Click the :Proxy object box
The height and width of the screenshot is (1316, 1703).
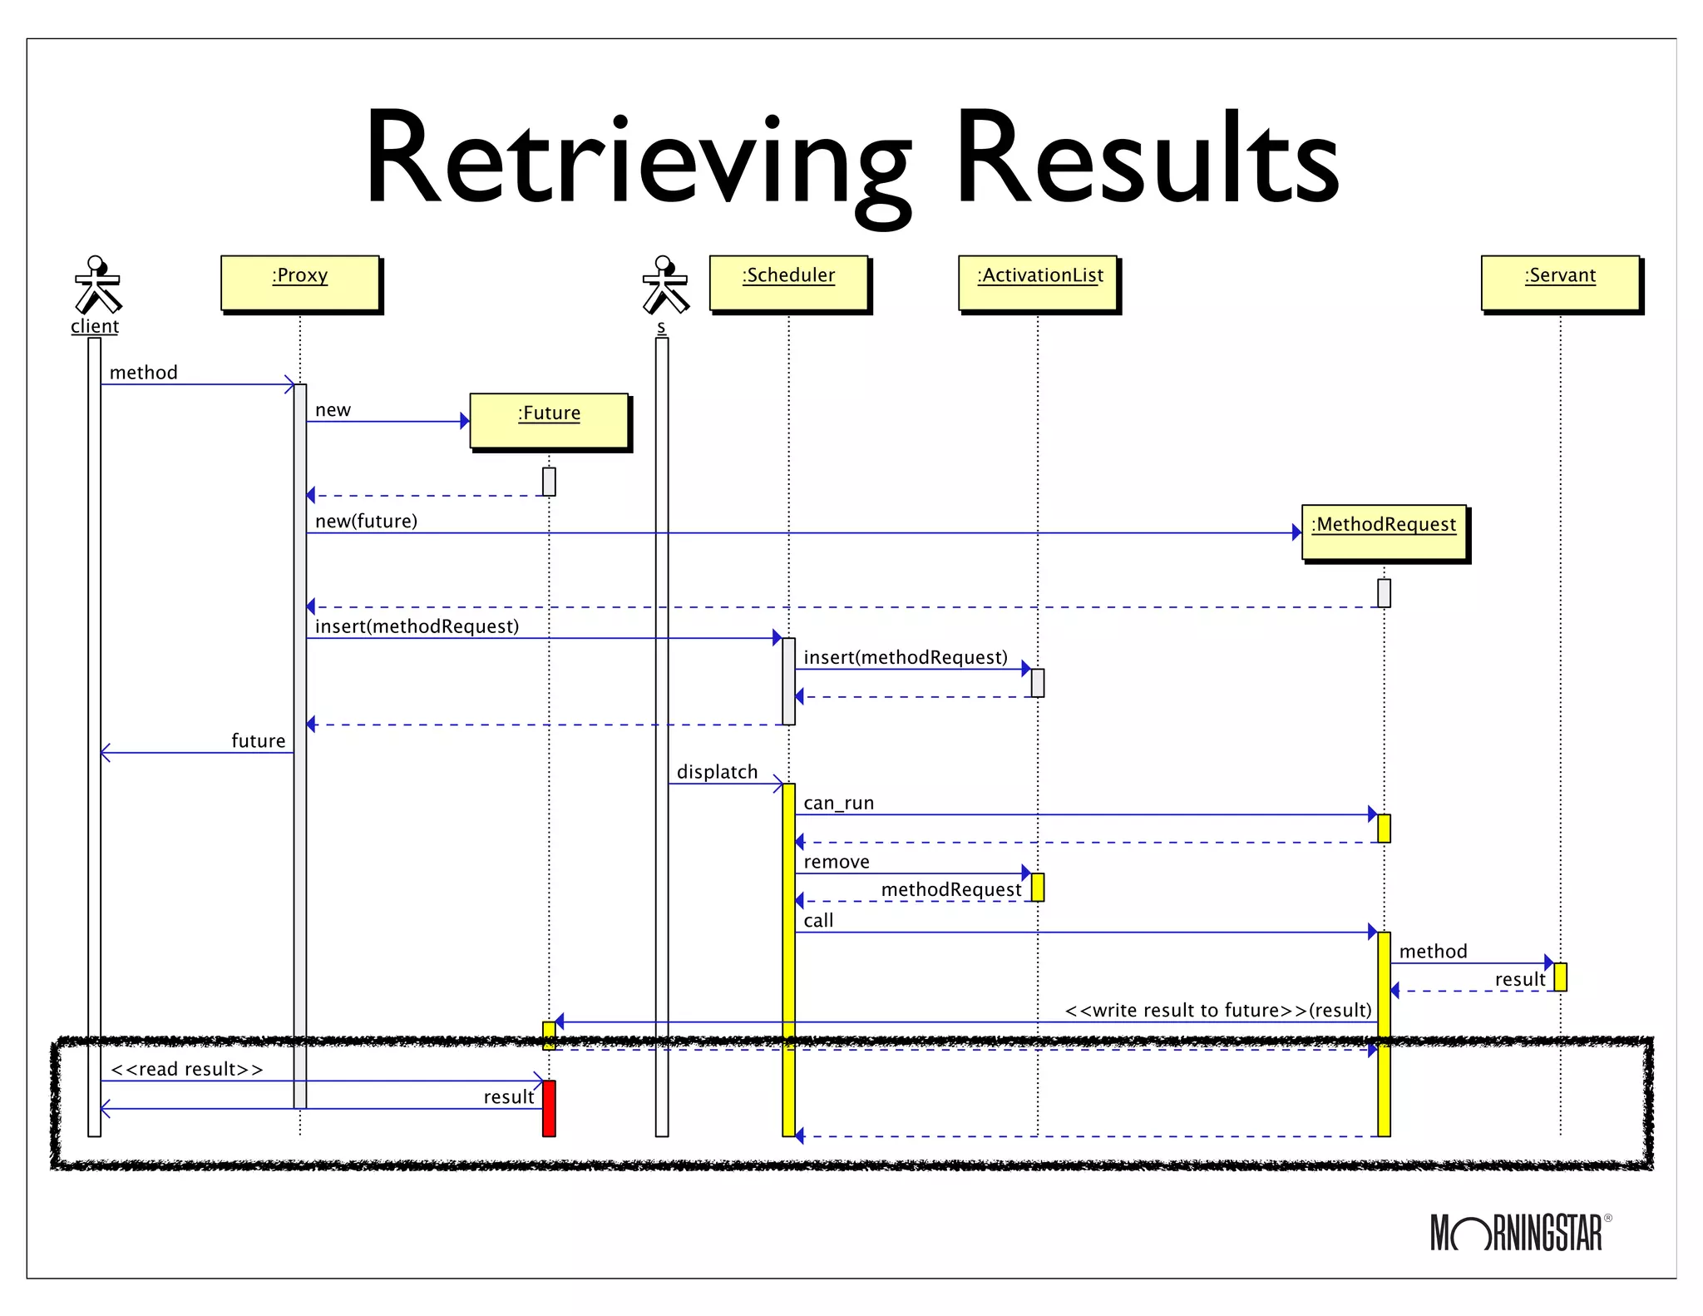click(x=299, y=283)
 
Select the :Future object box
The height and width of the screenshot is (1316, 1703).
click(x=549, y=421)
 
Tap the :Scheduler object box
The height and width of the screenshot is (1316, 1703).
click(x=788, y=283)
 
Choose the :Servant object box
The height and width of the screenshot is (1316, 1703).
click(x=1560, y=283)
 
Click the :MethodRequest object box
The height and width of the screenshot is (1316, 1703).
click(x=1384, y=532)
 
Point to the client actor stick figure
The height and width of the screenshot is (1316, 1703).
click(x=97, y=284)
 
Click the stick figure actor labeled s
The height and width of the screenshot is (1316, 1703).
click(x=664, y=284)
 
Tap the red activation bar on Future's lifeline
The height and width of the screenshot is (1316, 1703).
click(x=549, y=1108)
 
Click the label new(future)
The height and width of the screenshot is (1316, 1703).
click(x=366, y=522)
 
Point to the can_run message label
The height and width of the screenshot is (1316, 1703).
click(x=838, y=804)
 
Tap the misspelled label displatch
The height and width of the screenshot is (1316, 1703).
click(x=717, y=772)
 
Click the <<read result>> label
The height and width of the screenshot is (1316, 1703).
click(x=187, y=1069)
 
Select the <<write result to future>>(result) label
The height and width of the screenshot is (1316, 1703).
click(x=1218, y=1010)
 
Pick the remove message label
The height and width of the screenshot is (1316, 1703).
click(x=836, y=862)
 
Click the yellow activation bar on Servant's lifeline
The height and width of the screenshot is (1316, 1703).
click(x=1560, y=977)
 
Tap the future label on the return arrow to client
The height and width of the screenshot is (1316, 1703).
click(x=258, y=741)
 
